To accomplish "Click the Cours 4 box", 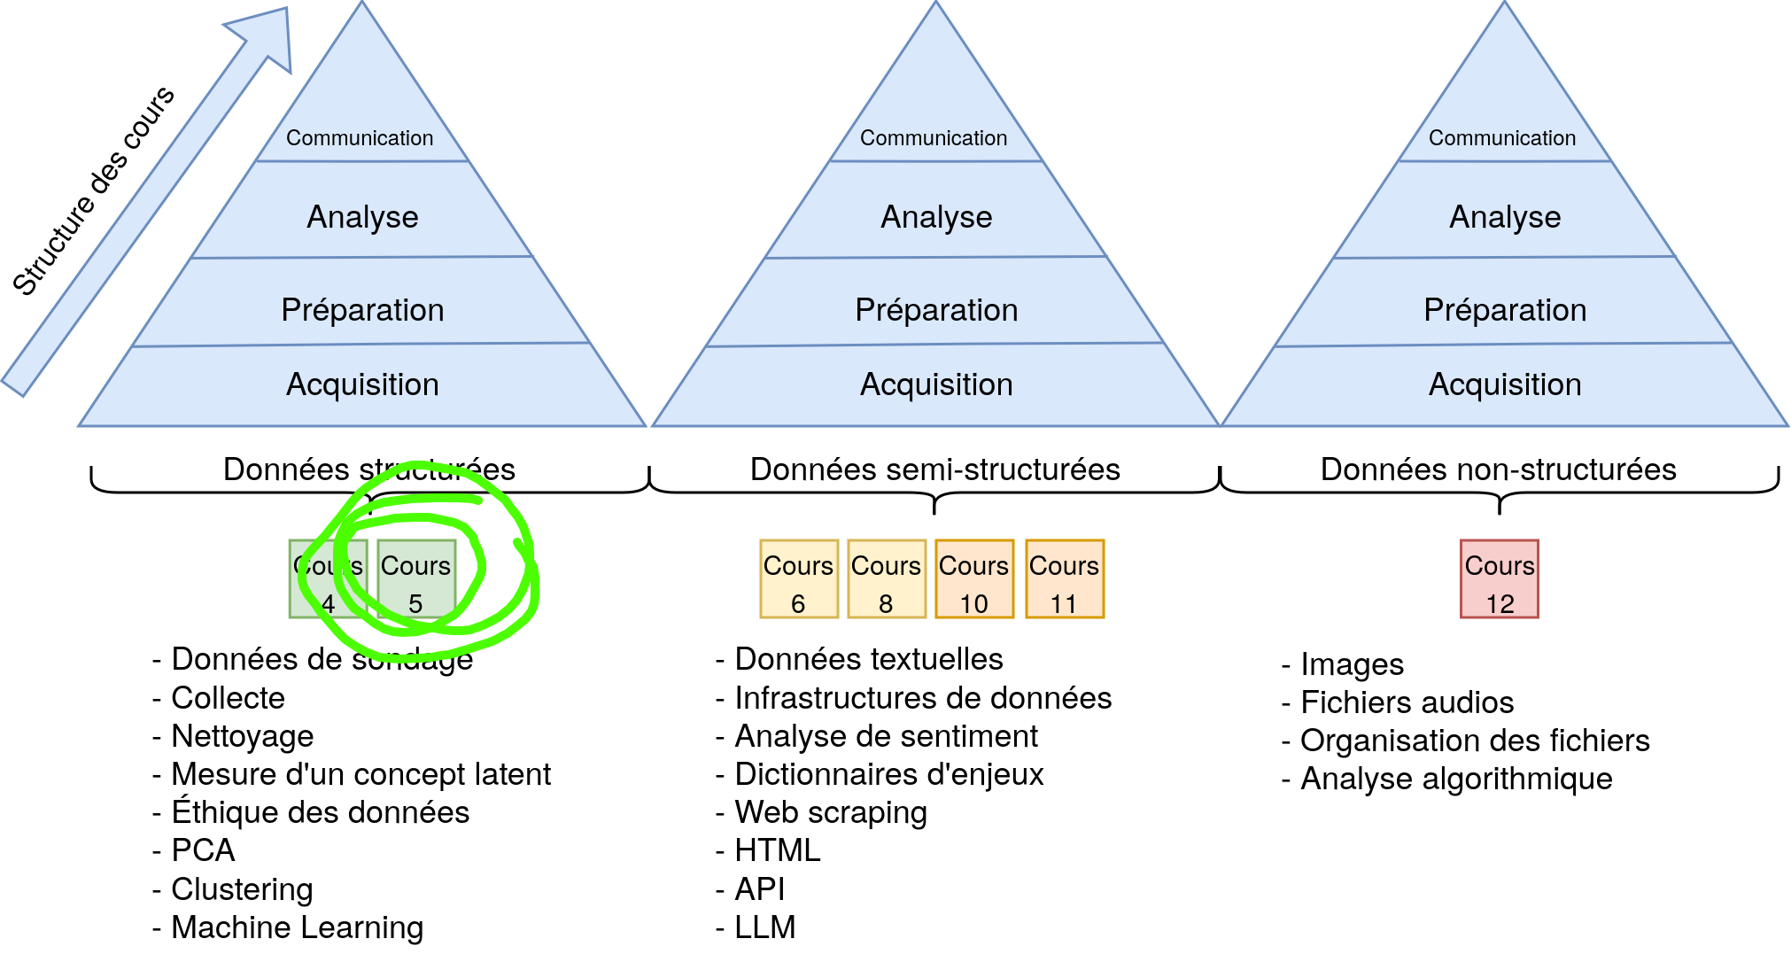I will click(x=328, y=579).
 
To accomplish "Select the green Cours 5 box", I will click(x=416, y=579).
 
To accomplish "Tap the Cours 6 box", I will click(x=799, y=579).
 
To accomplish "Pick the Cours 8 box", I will click(x=887, y=579).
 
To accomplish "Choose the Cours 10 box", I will click(x=974, y=579).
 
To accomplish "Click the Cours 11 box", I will click(x=1065, y=579).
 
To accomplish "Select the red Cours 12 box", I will click(x=1500, y=579).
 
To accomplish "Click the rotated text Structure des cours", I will click(x=94, y=190).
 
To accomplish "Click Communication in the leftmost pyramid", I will click(x=360, y=138).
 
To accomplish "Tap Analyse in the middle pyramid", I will click(x=936, y=217).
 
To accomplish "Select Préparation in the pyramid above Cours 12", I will click(x=1505, y=310).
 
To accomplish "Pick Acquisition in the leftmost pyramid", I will click(x=362, y=384).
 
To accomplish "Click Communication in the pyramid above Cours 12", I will click(x=1502, y=138).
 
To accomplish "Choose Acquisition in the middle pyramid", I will click(x=936, y=384).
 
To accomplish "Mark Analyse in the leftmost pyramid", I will click(x=362, y=217).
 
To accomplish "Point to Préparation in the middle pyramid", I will click(x=936, y=310).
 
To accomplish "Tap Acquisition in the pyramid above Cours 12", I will click(x=1505, y=384).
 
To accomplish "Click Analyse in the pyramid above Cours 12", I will click(x=1505, y=217).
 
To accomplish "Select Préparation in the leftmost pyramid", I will click(x=362, y=310).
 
